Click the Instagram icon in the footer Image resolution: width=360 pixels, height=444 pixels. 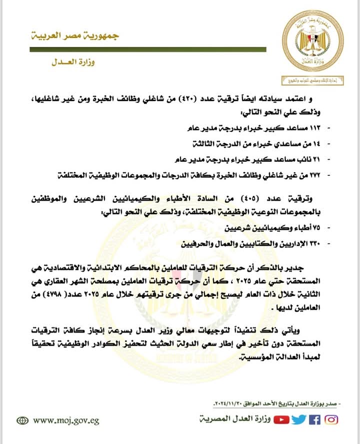331,420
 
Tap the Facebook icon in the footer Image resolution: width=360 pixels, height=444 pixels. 314,420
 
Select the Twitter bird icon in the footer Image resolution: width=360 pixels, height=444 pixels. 298,420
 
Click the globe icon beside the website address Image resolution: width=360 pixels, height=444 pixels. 22,421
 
